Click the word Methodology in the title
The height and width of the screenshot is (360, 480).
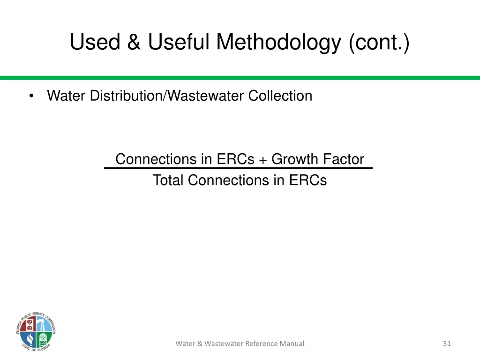[x=279, y=43]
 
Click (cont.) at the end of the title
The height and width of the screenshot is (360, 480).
[x=379, y=43]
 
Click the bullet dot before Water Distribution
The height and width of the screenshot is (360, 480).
[x=31, y=97]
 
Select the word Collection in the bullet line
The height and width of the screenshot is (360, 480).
[x=280, y=96]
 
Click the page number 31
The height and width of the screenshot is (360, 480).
[x=447, y=344]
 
